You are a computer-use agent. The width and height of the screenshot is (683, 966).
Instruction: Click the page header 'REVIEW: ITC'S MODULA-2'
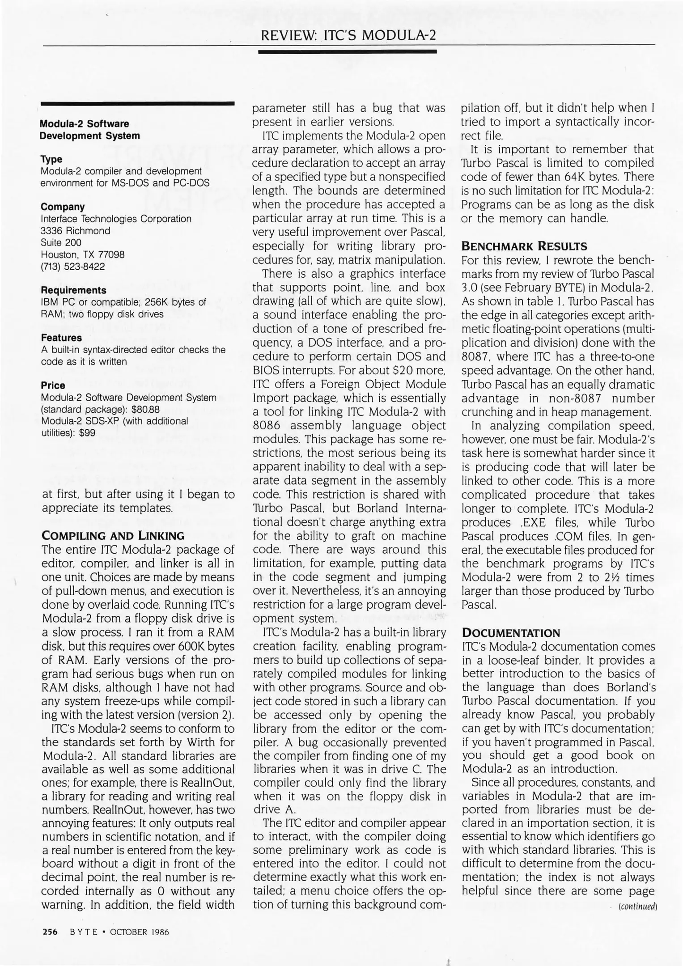point(348,35)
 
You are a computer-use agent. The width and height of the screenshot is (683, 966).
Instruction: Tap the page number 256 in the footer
point(50,932)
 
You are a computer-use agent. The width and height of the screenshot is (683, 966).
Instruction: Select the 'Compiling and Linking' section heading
point(113,536)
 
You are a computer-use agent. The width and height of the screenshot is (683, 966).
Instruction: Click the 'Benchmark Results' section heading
point(524,246)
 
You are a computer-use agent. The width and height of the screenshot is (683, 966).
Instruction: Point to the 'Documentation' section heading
point(510,633)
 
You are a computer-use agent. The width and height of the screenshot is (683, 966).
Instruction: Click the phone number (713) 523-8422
point(73,267)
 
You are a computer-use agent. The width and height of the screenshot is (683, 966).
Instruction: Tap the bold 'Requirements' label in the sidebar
point(73,290)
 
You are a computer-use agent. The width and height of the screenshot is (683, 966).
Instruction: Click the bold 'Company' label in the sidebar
point(63,207)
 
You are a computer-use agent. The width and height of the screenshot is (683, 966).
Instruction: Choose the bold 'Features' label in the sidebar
point(61,338)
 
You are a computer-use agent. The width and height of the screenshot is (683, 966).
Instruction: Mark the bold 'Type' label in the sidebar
point(51,159)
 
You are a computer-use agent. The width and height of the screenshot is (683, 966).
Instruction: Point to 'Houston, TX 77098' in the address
point(83,254)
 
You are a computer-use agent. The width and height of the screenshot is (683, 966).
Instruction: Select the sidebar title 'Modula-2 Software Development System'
point(89,129)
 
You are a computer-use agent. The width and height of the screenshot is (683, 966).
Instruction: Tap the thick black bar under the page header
point(348,52)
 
